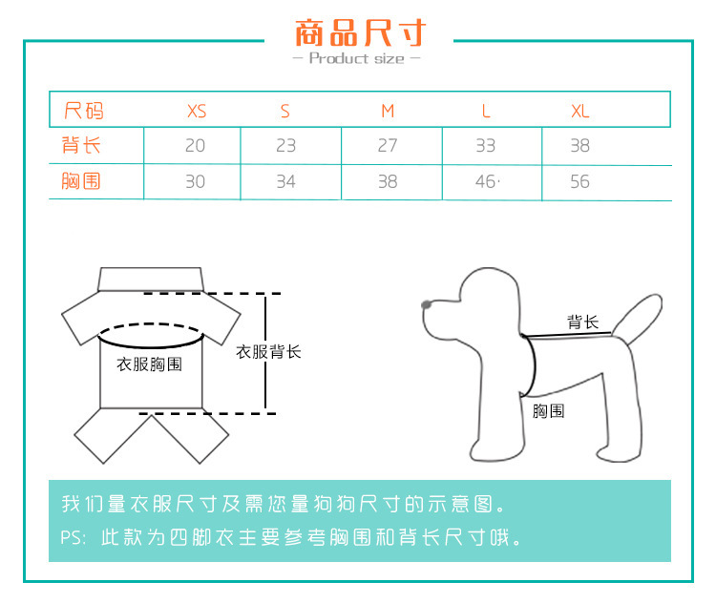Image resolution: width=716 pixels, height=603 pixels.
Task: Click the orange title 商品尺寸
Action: [360, 32]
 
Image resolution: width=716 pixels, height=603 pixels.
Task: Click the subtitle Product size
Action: [357, 58]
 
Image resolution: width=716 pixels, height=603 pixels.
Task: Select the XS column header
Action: [197, 112]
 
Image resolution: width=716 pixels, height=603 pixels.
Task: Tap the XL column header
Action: [579, 112]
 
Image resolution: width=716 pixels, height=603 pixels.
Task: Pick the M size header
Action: [388, 112]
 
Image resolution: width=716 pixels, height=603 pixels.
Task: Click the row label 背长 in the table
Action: [81, 146]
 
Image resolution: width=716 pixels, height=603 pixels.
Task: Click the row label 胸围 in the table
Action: [81, 181]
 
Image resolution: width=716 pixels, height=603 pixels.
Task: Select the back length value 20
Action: [195, 146]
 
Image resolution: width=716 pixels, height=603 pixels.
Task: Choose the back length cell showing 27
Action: [388, 146]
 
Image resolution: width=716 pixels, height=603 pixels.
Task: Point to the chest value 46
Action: [485, 181]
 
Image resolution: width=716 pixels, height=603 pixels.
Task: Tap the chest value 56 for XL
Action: [579, 181]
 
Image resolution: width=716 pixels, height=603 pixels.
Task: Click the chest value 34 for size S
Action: [285, 181]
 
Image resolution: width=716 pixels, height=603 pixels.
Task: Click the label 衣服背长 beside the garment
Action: [268, 352]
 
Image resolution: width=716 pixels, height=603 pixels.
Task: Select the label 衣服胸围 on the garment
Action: [149, 364]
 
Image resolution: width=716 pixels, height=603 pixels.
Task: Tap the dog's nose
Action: [426, 304]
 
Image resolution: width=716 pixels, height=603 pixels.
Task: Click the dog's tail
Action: [637, 318]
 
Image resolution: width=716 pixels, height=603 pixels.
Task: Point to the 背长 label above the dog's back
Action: [582, 322]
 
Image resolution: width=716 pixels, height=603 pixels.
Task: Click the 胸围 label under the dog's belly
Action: [548, 411]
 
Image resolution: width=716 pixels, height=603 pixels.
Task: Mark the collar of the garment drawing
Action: [151, 279]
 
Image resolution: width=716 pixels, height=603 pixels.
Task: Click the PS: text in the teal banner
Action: [74, 538]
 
